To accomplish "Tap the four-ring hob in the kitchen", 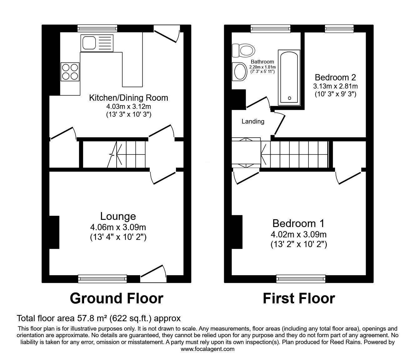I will pyautogui.click(x=70, y=72).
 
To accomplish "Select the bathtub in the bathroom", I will pyautogui.click(x=290, y=77).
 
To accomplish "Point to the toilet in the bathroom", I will pyautogui.click(x=243, y=51).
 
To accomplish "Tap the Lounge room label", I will pyautogui.click(x=118, y=216).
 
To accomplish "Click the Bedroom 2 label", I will pyautogui.click(x=335, y=77).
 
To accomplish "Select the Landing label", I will pyautogui.click(x=253, y=121).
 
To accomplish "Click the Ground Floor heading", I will pyautogui.click(x=116, y=298).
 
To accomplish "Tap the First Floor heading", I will pyautogui.click(x=299, y=298).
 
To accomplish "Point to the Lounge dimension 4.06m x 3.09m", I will pyautogui.click(x=118, y=227).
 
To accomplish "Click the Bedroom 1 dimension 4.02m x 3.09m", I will pyautogui.click(x=299, y=234).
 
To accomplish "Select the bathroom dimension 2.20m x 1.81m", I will pyautogui.click(x=262, y=67).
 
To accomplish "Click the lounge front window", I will pyautogui.click(x=102, y=278).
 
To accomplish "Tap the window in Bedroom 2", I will pyautogui.click(x=339, y=29).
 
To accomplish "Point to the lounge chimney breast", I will pyautogui.click(x=54, y=232).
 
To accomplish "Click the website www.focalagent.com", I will pyautogui.click(x=207, y=349).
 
